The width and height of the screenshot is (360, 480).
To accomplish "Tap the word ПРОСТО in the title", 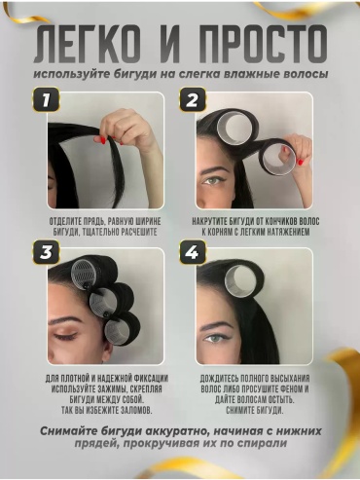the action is pos(263,44).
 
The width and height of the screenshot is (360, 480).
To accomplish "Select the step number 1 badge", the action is pos(46,99).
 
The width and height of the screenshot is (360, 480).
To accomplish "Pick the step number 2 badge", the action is pos(193,99).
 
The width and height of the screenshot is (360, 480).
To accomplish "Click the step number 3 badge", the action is pos(46,252).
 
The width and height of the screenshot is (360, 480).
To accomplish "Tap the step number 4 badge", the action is pos(193,252).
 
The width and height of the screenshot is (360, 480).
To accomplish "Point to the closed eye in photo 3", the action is pos(65,336).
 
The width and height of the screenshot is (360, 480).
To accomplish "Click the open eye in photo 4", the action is pos(215,338).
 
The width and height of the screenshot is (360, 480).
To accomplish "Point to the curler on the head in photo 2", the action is pos(236,127).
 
